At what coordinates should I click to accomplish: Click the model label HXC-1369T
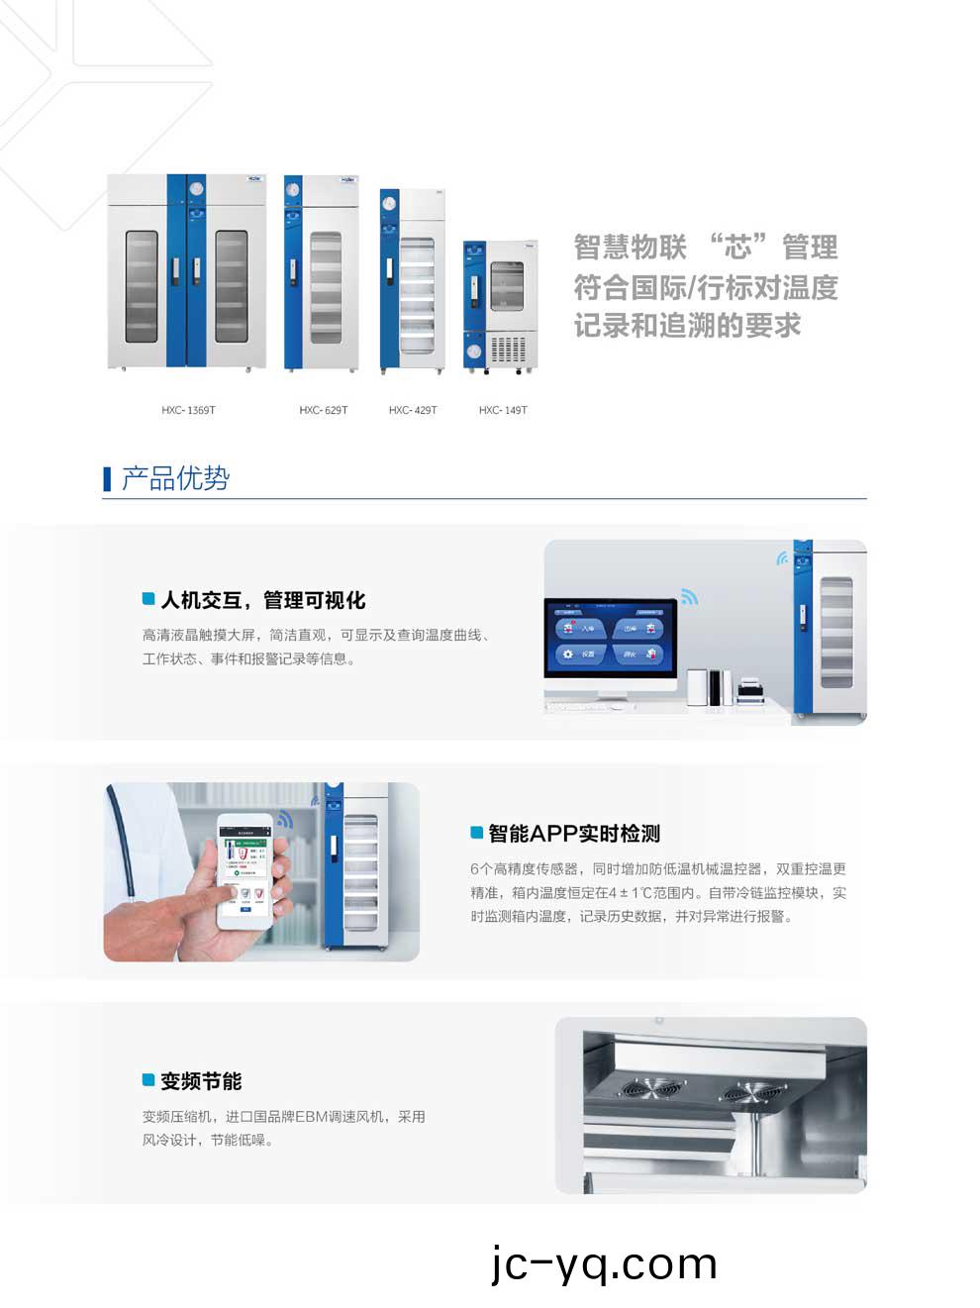188,410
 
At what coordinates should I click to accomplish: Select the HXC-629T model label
323,410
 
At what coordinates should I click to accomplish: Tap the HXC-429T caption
413,410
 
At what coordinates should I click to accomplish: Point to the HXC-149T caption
503,410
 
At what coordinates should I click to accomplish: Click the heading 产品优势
175,479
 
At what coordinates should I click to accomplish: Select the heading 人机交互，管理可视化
262,600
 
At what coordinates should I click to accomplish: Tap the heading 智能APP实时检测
573,834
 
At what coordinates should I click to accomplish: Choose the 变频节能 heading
201,1081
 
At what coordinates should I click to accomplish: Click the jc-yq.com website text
604,1264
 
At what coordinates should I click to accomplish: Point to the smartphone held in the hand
245,871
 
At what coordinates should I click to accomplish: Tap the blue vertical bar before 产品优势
107,479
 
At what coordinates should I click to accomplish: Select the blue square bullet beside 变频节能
148,1080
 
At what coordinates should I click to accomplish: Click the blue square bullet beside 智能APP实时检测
476,833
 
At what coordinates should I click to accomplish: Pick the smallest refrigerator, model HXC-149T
500,305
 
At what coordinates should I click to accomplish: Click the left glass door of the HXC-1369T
142,286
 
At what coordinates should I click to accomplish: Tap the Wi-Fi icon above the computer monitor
689,596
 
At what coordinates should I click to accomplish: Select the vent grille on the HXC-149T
508,350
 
